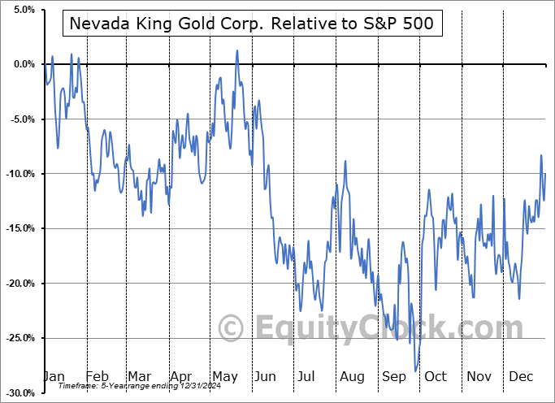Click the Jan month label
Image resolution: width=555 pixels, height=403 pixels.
pyautogui.click(x=54, y=377)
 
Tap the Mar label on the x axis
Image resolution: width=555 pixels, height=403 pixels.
pyautogui.click(x=139, y=377)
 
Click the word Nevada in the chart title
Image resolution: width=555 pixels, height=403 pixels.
pyautogui.click(x=97, y=25)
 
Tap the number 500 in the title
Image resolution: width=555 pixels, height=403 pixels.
pyautogui.click(x=420, y=25)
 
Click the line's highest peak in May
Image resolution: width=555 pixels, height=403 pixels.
pyautogui.click(x=237, y=50)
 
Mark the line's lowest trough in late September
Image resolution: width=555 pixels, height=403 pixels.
pyautogui.click(x=416, y=370)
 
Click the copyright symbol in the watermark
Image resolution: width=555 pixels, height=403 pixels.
pyautogui.click(x=232, y=329)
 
